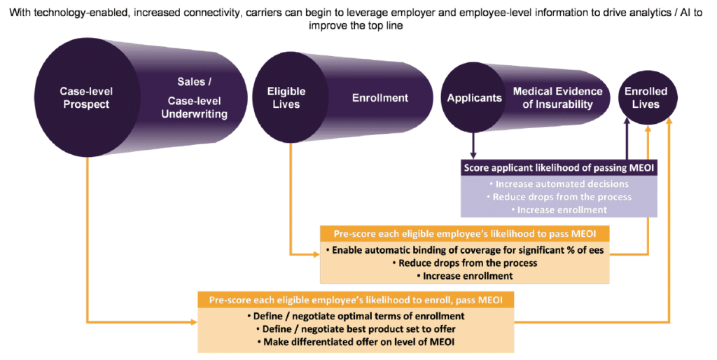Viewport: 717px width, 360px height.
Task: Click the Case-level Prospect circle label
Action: click(x=86, y=98)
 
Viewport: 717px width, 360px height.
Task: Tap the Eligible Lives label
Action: click(x=286, y=98)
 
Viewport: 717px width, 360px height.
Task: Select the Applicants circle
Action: click(x=474, y=97)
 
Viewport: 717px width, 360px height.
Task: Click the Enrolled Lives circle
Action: click(x=646, y=97)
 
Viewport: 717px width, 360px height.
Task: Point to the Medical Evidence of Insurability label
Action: click(x=557, y=98)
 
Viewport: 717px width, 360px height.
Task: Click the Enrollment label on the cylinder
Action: click(x=380, y=98)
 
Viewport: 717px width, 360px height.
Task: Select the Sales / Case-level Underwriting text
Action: click(x=195, y=98)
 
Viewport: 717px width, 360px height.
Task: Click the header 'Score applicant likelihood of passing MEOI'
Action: click(x=559, y=168)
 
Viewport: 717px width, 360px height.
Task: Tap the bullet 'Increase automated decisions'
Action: click(x=559, y=184)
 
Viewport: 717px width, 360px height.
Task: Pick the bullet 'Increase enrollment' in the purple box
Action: click(x=559, y=210)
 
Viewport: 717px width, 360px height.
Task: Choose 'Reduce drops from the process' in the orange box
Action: click(x=465, y=263)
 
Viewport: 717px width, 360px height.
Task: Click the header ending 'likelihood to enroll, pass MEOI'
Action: click(x=356, y=300)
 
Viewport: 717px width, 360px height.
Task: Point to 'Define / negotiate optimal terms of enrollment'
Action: click(x=356, y=316)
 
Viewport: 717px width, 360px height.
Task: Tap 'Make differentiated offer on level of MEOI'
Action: click(x=356, y=342)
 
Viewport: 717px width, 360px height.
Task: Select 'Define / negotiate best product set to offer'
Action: click(x=356, y=329)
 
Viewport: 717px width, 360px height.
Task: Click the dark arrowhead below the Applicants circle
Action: click(x=473, y=155)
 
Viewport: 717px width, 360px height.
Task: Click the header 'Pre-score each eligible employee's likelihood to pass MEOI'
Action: click(x=465, y=234)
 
